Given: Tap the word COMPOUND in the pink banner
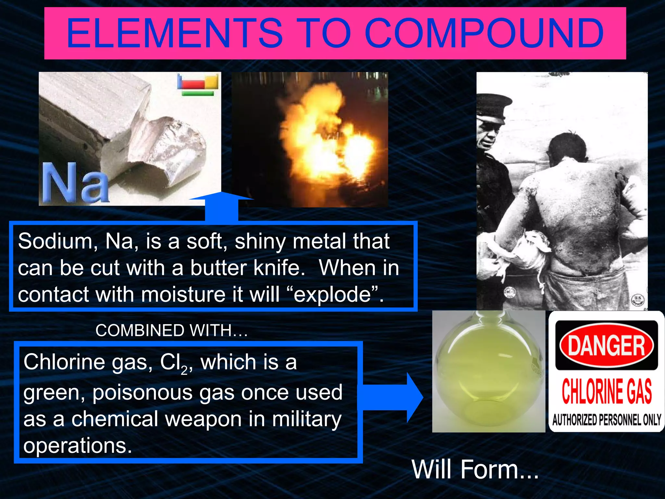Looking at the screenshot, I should click(484, 33).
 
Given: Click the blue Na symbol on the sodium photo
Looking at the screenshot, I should click(75, 183).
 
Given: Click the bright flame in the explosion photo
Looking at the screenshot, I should click(328, 136).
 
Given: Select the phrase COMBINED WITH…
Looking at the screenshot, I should click(171, 330).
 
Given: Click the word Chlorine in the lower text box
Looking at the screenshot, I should click(64, 362).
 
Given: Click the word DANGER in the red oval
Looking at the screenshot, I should click(606, 346).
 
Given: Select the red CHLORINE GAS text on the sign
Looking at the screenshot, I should click(606, 391).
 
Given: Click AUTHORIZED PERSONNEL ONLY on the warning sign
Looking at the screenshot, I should click(606, 420).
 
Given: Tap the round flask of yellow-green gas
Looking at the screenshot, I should click(487, 374).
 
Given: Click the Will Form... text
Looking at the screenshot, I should click(475, 469).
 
